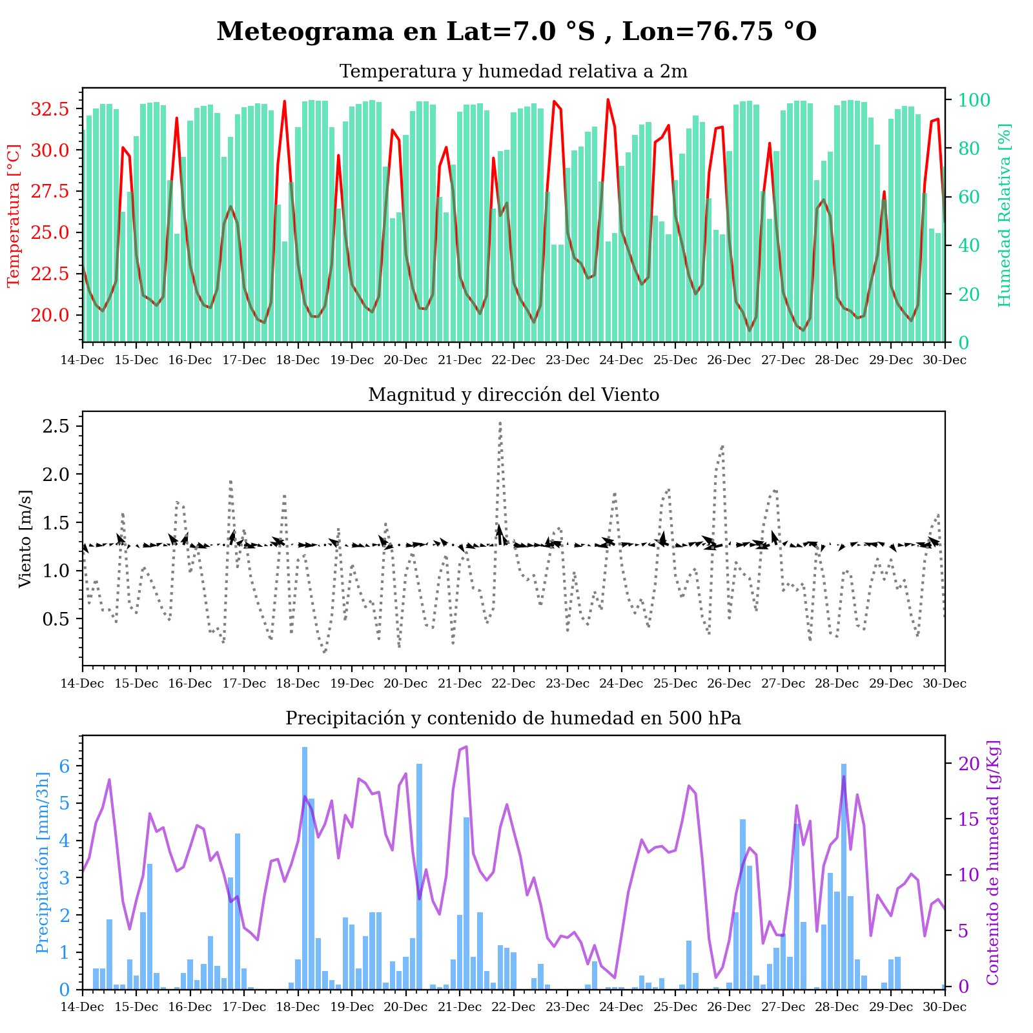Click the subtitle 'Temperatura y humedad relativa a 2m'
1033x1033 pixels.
(513, 72)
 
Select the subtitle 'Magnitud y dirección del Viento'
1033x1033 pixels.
(513, 395)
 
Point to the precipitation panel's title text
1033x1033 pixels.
(513, 719)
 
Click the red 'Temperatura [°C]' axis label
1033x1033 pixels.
(14, 216)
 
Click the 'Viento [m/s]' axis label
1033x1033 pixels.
(25, 538)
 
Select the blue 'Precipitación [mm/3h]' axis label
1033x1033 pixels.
(43, 862)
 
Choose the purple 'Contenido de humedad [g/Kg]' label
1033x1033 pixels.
(993, 862)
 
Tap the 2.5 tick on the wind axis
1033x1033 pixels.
(59, 426)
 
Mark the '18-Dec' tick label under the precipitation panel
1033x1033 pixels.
(298, 1007)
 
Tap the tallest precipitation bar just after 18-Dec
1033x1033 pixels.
(305, 749)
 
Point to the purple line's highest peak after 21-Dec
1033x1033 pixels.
(467, 747)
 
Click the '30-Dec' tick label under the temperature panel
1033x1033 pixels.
(945, 360)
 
